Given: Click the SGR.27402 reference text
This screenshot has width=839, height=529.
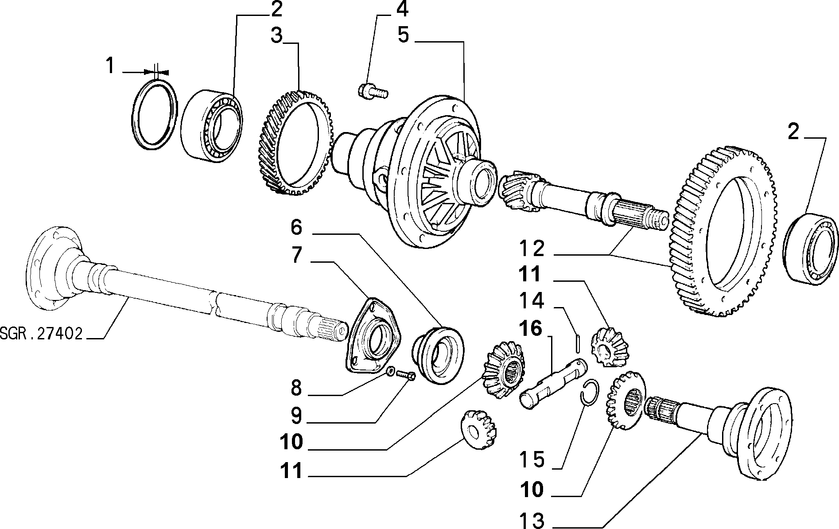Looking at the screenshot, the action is pyautogui.click(x=42, y=333).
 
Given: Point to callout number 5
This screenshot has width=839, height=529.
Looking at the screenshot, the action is pyautogui.click(x=403, y=35).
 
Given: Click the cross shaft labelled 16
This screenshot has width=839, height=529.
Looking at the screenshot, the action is pyautogui.click(x=553, y=384).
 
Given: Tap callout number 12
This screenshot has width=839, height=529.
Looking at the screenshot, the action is pyautogui.click(x=532, y=249).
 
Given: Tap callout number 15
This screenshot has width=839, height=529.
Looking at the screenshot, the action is pyautogui.click(x=532, y=459).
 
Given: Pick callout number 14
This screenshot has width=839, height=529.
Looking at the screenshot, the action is pyautogui.click(x=532, y=301).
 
